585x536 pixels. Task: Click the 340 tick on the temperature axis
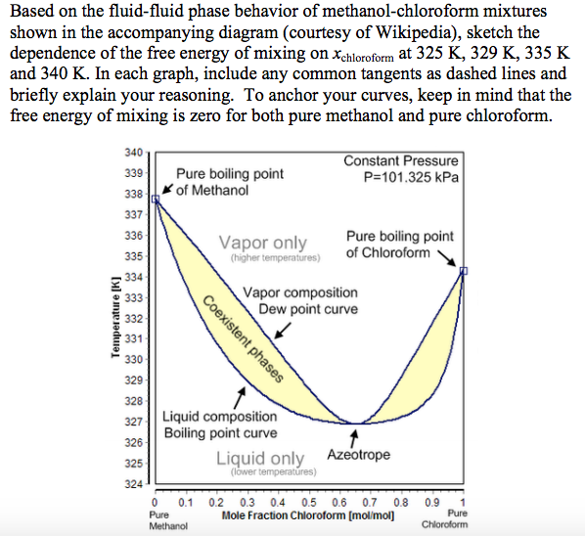pyautogui.click(x=135, y=153)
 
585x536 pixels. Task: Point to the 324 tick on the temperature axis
pyautogui.click(x=135, y=483)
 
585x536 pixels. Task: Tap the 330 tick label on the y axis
pyautogui.click(x=135, y=360)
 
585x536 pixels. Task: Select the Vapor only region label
pyautogui.click(x=262, y=243)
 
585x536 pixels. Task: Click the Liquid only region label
pyautogui.click(x=259, y=458)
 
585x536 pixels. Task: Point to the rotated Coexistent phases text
pyautogui.click(x=244, y=336)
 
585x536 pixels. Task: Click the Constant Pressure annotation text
pyautogui.click(x=400, y=160)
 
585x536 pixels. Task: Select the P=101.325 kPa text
pyautogui.click(x=410, y=177)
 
